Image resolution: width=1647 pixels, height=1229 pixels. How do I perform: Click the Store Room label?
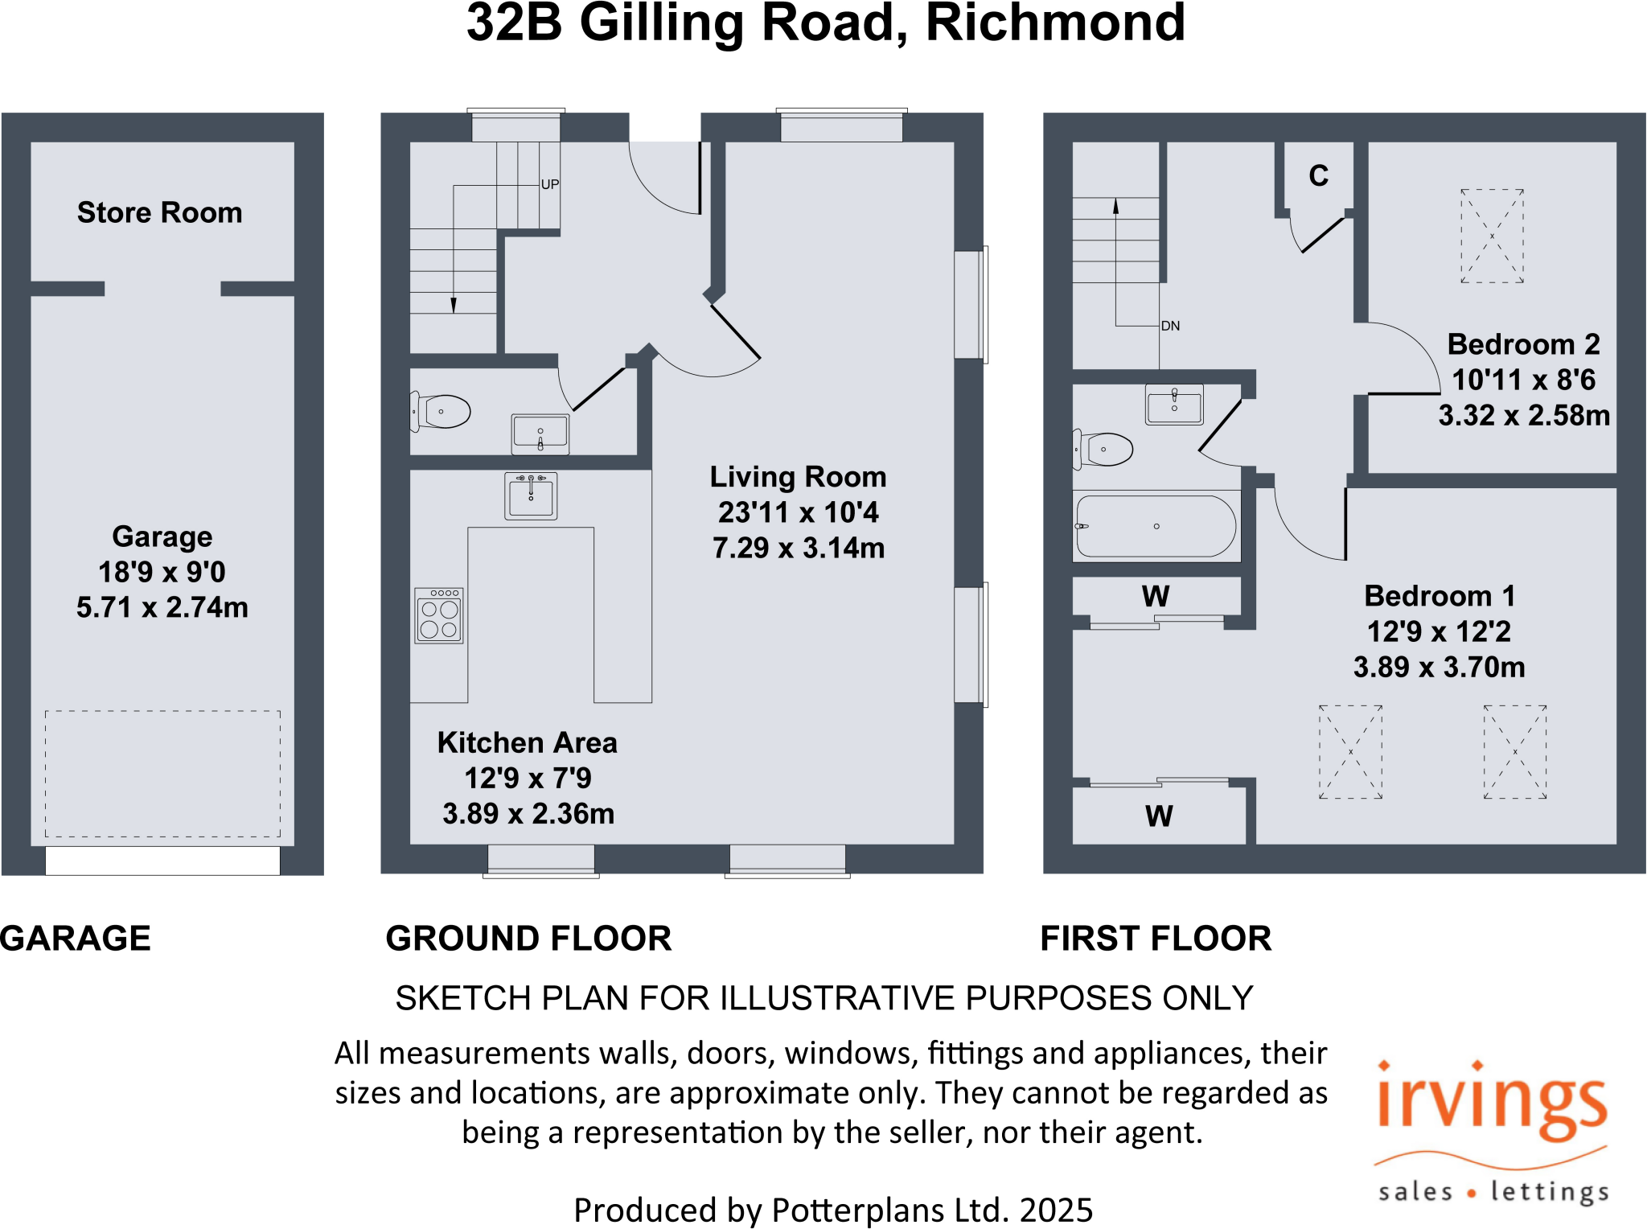click(x=159, y=212)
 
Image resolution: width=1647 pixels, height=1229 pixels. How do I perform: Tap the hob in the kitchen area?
click(x=439, y=616)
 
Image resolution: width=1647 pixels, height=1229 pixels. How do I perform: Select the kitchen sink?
click(x=531, y=495)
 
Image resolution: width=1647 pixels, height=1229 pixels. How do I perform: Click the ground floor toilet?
click(x=442, y=412)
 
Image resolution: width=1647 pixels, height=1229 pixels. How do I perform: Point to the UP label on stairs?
click(x=550, y=184)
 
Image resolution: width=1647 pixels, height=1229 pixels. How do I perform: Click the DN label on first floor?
click(x=1170, y=326)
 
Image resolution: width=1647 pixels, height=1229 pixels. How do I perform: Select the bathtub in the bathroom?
click(x=1156, y=527)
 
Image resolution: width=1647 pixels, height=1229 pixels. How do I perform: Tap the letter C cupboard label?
click(x=1318, y=175)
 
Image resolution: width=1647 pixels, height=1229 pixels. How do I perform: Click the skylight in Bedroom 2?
click(x=1492, y=236)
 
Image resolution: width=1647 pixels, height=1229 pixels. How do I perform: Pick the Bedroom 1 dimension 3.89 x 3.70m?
click(x=1439, y=667)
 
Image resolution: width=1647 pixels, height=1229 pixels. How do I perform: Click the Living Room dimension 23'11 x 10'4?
click(x=798, y=512)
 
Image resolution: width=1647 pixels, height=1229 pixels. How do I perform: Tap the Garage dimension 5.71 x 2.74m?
click(x=162, y=607)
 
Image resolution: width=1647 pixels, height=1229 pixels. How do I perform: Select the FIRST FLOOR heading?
click(x=1156, y=939)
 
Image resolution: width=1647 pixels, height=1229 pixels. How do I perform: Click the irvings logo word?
click(x=1492, y=1102)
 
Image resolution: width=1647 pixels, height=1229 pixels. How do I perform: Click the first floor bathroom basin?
click(x=1174, y=405)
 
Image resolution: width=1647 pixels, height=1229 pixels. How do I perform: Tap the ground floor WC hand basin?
click(x=540, y=434)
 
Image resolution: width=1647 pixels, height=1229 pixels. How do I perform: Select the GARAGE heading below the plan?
click(x=76, y=939)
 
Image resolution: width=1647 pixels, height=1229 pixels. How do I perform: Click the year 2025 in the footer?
click(x=1056, y=1210)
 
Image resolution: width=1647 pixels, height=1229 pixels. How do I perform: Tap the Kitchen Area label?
click(x=527, y=742)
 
